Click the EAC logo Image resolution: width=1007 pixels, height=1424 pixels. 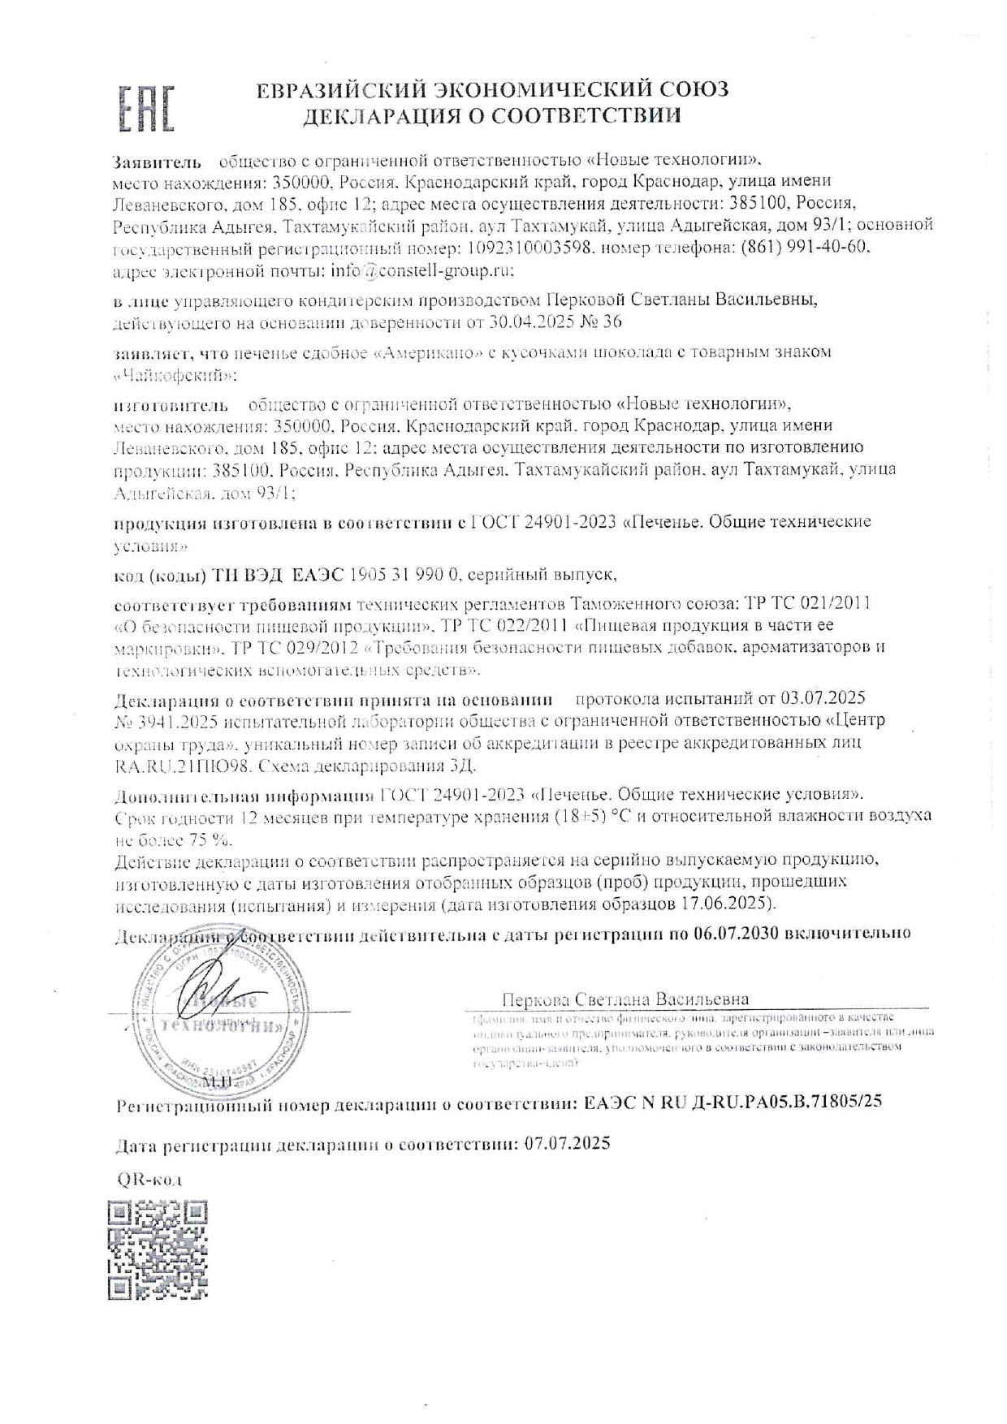pyautogui.click(x=148, y=108)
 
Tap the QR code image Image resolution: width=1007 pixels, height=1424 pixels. pyautogui.click(x=158, y=1250)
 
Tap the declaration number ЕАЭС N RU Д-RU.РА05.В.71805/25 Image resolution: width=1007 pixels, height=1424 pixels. pyautogui.click(x=733, y=1103)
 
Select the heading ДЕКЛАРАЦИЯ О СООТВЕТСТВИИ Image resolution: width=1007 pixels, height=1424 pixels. pyautogui.click(x=492, y=115)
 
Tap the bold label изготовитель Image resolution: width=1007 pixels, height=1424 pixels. pyautogui.click(x=171, y=404)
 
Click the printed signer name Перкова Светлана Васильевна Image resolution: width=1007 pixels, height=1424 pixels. pyautogui.click(x=625, y=999)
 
